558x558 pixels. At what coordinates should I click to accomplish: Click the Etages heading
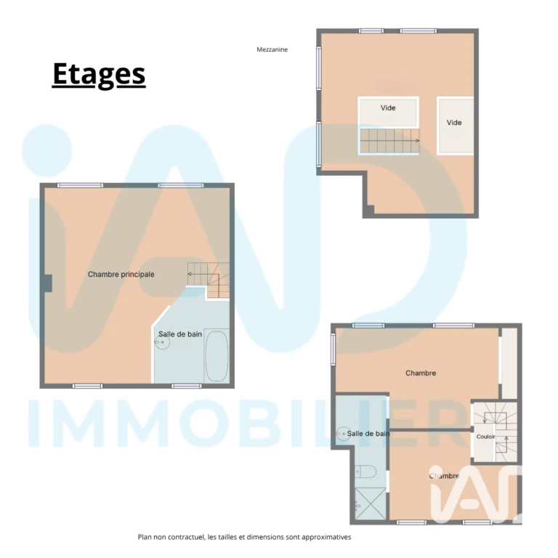[99, 74]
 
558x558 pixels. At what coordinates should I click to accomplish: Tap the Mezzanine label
[272, 50]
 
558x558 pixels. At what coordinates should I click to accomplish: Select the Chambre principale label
[121, 275]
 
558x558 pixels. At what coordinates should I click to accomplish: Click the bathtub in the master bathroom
[217, 357]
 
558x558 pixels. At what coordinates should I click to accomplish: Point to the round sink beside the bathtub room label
[162, 342]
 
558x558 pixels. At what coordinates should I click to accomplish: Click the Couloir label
[485, 437]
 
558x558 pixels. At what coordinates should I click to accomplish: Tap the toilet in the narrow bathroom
[366, 472]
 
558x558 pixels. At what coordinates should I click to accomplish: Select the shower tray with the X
[370, 504]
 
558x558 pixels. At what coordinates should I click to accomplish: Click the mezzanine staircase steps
[389, 140]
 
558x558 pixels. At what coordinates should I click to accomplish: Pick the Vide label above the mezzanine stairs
[388, 108]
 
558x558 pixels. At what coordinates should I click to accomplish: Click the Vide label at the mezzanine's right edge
[454, 123]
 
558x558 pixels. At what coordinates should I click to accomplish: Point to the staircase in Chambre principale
[209, 280]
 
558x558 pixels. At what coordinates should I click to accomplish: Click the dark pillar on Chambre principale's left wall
[47, 283]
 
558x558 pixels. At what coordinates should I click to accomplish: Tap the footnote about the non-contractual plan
[244, 537]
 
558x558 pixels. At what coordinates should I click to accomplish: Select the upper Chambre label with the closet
[421, 373]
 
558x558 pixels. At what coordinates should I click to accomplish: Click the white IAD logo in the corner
[476, 494]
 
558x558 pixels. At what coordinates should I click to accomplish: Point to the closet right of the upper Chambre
[509, 363]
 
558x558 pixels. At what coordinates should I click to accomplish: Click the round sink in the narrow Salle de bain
[344, 434]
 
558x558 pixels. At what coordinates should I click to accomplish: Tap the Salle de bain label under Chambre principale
[180, 334]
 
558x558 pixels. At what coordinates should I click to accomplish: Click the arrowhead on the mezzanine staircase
[418, 140]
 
